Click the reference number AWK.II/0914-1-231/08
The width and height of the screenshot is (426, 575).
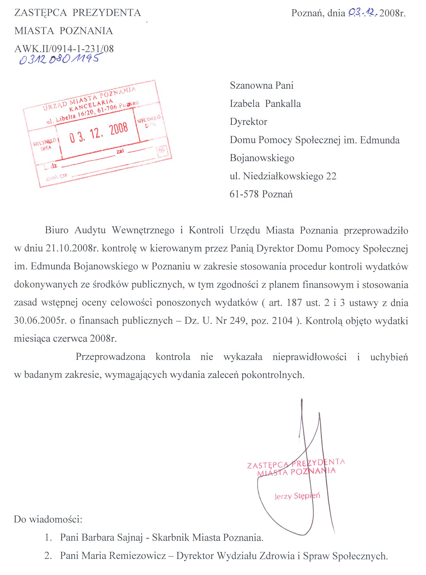tap(64, 49)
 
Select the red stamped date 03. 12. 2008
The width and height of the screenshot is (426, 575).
tap(99, 132)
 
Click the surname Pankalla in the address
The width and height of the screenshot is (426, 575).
tap(283, 104)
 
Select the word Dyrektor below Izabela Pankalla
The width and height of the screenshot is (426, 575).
tap(249, 122)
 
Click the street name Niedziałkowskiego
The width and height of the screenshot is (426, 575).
tap(283, 176)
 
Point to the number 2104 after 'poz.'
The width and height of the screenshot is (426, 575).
tap(282, 321)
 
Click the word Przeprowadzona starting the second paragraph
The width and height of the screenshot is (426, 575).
tap(110, 357)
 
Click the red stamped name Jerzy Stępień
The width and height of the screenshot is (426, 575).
tap(297, 496)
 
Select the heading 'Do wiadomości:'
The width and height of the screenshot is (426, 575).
tap(48, 520)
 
